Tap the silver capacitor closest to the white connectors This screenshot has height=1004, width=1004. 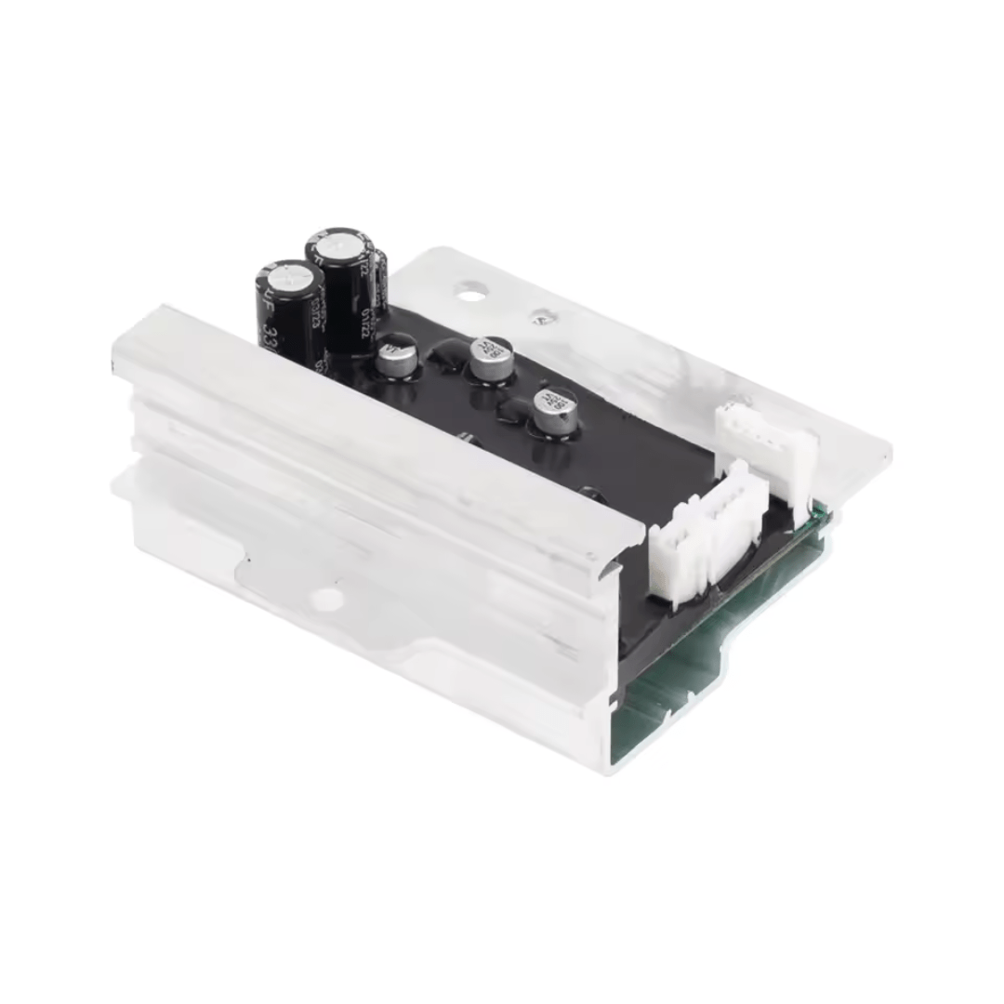pyautogui.click(x=554, y=412)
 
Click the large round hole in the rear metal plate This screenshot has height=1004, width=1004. pyautogui.click(x=471, y=296)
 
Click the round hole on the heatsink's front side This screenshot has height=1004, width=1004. pyautogui.click(x=326, y=600)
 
